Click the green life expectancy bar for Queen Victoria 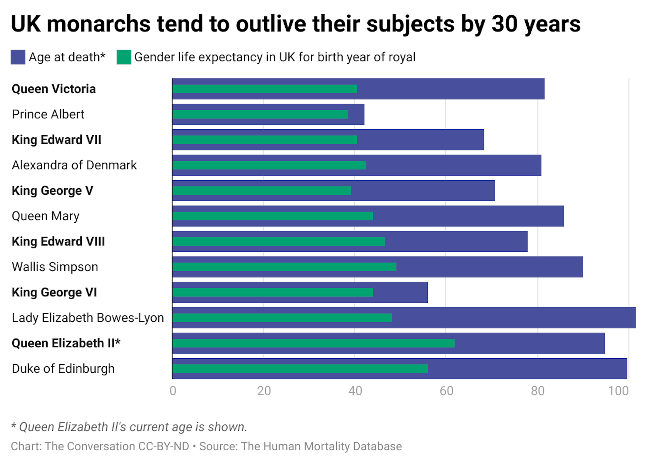point(265,89)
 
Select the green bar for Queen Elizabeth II point(313,343)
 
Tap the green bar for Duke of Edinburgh point(300,369)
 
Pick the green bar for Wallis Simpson point(284,267)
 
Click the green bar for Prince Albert point(260,114)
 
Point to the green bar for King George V point(261,191)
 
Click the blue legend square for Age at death point(18,57)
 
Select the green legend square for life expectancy point(124,57)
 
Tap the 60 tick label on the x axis point(446,391)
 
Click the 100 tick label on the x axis point(618,391)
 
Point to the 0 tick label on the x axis point(173,391)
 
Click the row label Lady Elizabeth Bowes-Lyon point(88,318)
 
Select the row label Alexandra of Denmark point(74,165)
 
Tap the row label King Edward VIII point(58,242)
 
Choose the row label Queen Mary point(46,216)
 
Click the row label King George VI point(54,293)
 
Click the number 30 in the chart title point(504,24)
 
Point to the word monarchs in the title point(99,24)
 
